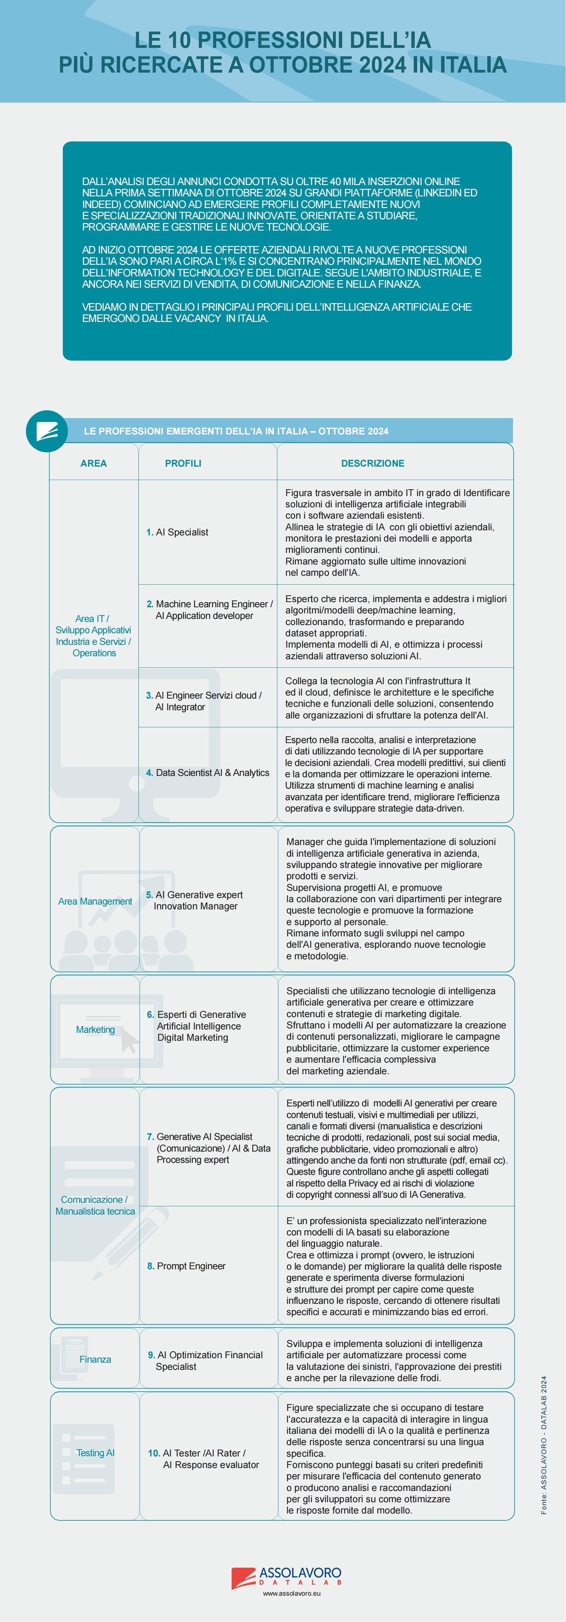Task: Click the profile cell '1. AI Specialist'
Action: point(182,532)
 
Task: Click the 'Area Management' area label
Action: point(95,901)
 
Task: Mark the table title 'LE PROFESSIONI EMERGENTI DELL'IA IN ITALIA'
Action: point(236,431)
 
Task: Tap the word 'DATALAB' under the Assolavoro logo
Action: point(300,1582)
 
